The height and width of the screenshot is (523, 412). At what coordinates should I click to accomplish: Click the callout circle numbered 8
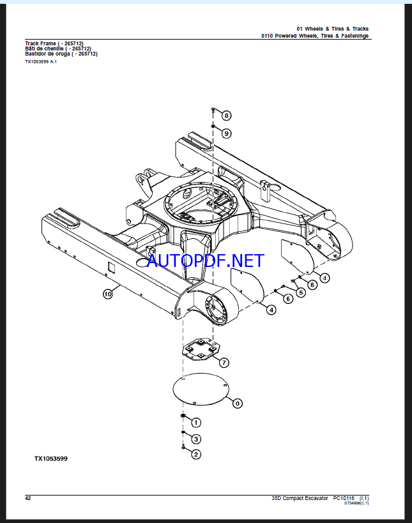[227, 116]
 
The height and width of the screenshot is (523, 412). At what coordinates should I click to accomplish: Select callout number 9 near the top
[227, 133]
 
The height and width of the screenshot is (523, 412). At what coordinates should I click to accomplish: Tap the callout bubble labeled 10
[108, 294]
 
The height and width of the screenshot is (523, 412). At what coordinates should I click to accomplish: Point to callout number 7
[224, 363]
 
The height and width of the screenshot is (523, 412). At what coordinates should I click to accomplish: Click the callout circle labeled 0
[237, 404]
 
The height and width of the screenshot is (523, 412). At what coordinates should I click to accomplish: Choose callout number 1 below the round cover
[196, 423]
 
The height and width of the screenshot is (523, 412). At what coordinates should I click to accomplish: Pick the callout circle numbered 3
[196, 439]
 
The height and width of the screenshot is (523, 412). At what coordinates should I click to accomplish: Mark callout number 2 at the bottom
[196, 454]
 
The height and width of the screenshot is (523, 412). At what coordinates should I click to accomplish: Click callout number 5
[301, 293]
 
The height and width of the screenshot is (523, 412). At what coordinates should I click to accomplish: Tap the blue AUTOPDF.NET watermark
[206, 261]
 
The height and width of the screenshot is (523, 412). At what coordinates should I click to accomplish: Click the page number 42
[28, 498]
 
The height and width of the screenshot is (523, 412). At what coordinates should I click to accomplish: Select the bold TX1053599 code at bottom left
[50, 459]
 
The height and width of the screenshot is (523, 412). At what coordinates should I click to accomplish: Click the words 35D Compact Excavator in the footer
[300, 498]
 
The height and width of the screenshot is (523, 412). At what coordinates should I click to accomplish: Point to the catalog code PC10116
[344, 498]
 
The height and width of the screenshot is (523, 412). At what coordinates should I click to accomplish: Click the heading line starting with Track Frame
[54, 43]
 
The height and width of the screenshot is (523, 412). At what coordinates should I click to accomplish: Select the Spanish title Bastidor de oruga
[61, 54]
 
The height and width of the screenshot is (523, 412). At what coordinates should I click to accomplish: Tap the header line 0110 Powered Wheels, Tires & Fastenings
[315, 36]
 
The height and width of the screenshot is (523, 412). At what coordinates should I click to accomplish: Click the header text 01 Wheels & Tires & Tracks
[333, 29]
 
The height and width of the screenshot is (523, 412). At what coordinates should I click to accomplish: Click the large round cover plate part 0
[201, 390]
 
